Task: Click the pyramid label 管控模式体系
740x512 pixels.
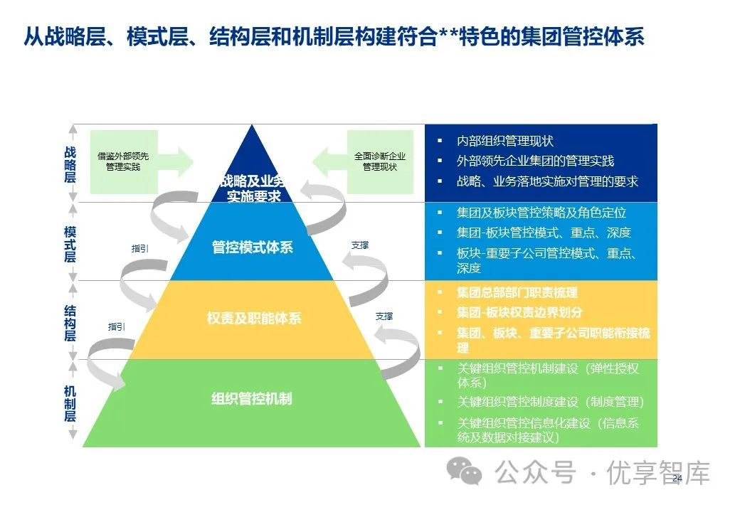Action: (253, 247)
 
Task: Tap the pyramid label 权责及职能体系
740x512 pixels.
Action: (253, 318)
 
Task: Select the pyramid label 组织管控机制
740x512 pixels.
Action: (252, 398)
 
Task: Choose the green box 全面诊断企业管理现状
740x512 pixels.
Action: (380, 161)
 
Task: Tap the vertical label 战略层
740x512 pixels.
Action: (70, 164)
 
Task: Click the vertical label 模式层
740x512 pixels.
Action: (70, 244)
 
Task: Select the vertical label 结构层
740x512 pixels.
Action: (70, 322)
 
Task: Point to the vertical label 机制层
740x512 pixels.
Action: (70, 402)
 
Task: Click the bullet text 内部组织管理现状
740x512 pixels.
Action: (504, 142)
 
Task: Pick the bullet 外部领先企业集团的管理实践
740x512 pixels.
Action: (535, 161)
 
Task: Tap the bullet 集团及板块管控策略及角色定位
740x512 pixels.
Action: (541, 213)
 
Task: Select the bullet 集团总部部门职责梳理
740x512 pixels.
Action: (517, 292)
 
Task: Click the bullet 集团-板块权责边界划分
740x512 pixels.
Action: (519, 312)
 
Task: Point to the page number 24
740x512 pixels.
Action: (677, 478)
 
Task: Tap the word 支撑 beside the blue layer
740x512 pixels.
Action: (360, 245)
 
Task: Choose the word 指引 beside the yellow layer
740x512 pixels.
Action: (117, 327)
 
